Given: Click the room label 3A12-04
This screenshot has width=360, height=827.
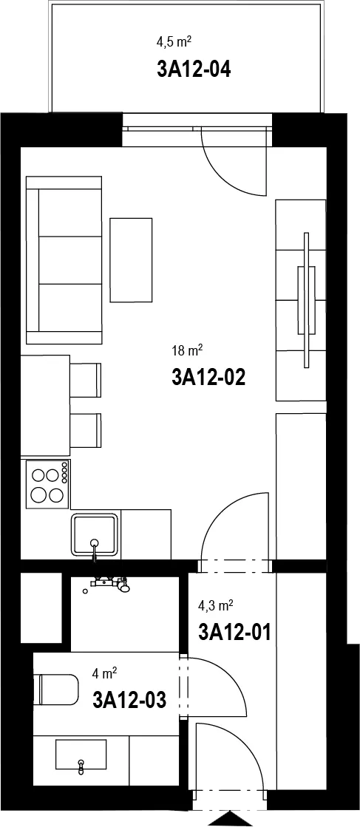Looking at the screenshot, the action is (194, 69).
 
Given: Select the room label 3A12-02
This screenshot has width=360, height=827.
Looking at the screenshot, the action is (208, 377).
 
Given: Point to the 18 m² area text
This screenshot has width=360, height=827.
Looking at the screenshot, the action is (187, 349).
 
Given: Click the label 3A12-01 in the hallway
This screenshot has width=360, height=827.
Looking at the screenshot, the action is (234, 631).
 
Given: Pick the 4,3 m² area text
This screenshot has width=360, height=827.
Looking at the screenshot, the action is (216, 605).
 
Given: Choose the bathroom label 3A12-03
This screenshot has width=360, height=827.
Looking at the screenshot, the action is (129, 701).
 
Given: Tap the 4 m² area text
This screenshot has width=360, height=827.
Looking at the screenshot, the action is (104, 673).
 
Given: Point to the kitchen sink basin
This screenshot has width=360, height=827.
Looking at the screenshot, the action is (95, 534).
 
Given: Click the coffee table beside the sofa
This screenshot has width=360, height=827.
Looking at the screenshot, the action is (131, 260).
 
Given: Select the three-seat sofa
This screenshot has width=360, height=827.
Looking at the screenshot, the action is (64, 260).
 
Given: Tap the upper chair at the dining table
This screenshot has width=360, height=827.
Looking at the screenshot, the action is (86, 380).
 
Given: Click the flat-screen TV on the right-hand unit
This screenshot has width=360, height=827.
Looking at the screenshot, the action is (306, 300).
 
